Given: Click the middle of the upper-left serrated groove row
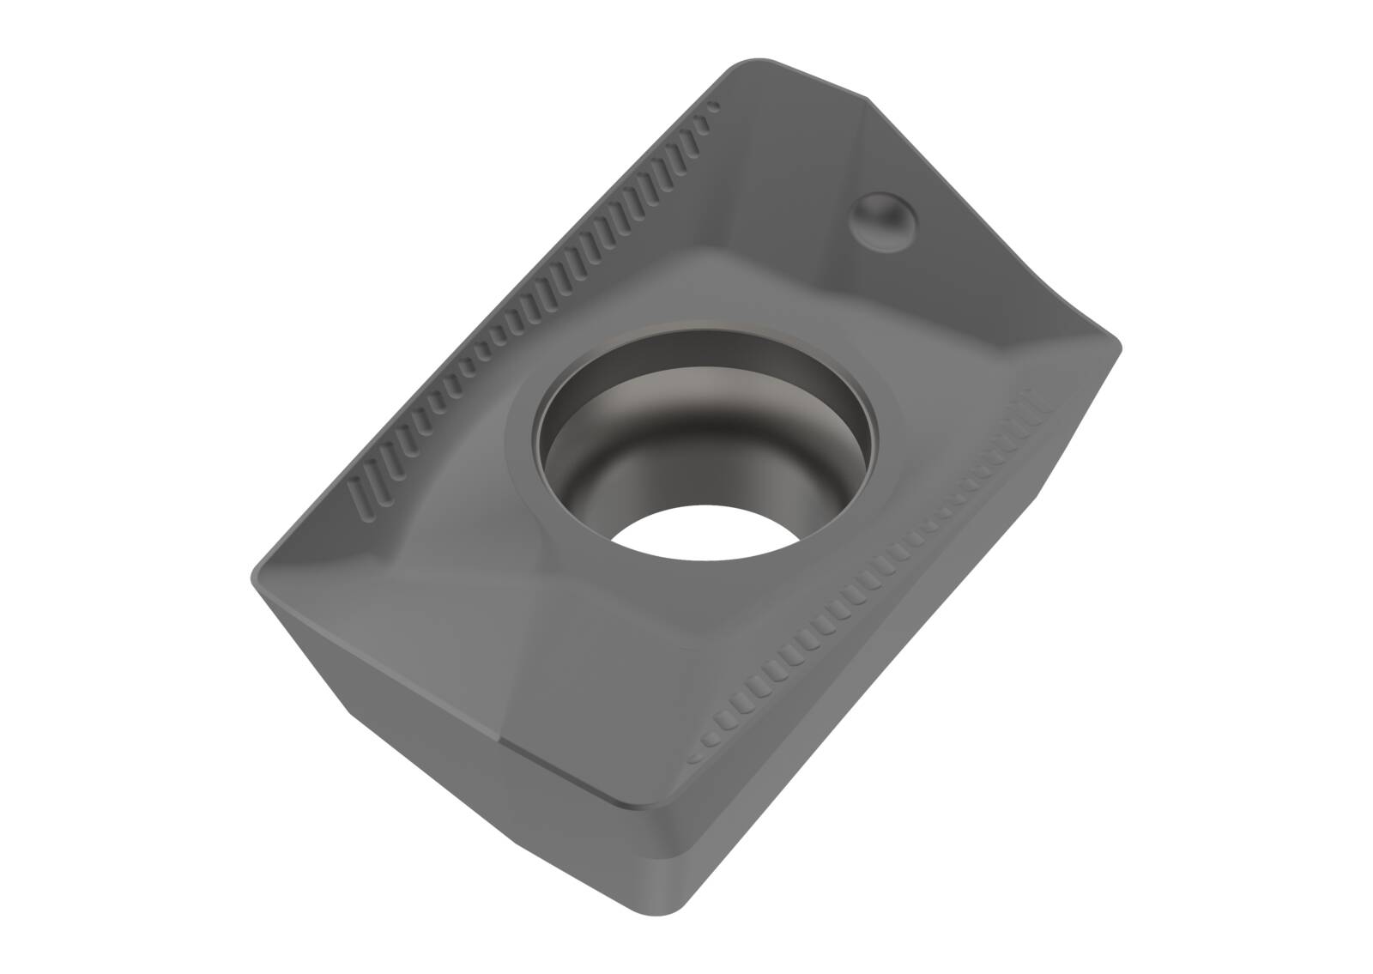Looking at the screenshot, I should click(x=532, y=300).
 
